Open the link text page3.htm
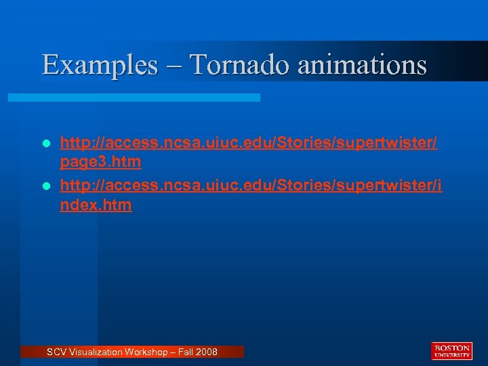coord(100,163)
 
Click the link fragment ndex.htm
coord(96,205)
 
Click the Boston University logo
coord(451,350)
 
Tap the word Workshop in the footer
coord(144,352)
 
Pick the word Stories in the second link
coord(299,184)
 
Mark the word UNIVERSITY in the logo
coord(451,354)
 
